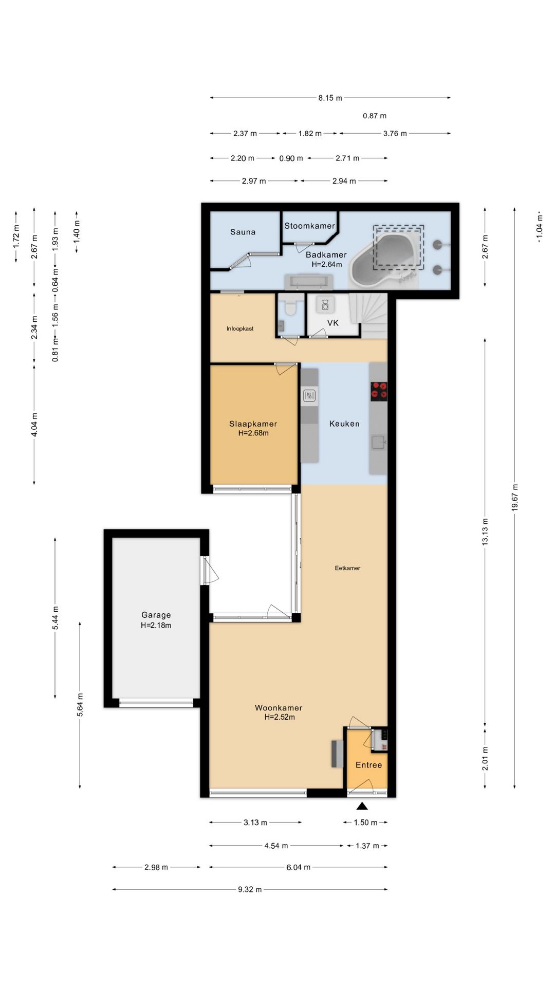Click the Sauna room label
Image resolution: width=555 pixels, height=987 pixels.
243,232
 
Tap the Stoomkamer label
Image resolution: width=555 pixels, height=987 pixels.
309,226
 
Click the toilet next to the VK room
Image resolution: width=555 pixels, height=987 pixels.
290,307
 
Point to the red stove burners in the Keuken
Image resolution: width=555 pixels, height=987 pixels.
379,391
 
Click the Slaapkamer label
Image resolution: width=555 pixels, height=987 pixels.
253,424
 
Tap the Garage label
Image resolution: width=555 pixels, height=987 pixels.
156,615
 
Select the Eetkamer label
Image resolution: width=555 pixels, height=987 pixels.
347,568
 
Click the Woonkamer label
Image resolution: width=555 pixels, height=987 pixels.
279,708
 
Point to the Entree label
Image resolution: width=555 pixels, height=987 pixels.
369,765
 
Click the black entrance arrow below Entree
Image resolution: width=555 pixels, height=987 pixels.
362,807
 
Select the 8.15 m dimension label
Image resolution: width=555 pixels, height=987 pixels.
330,98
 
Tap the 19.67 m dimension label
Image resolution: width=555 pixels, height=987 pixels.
514,497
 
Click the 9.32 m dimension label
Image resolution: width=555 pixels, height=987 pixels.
250,889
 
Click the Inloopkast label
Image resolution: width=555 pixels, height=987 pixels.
240,328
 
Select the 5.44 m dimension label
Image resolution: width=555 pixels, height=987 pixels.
55,617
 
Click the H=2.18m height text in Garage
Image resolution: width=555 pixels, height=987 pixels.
156,626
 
